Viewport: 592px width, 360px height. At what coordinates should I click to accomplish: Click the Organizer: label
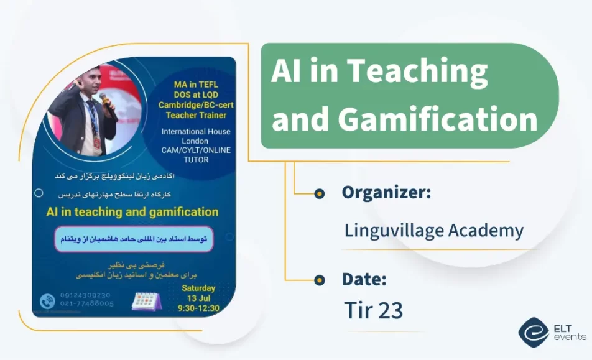[x=386, y=193]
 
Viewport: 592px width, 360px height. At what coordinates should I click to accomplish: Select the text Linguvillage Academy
[x=433, y=231]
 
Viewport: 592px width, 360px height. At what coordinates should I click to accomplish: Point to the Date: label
[x=364, y=279]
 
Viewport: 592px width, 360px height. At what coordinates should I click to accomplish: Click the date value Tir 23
[x=373, y=310]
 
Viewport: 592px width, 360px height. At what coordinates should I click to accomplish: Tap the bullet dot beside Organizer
[x=319, y=193]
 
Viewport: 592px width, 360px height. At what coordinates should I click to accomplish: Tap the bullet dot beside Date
[x=319, y=279]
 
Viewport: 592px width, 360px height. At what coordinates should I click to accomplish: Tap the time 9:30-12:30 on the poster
[x=198, y=308]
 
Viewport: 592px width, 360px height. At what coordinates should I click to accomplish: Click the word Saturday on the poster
[x=198, y=288]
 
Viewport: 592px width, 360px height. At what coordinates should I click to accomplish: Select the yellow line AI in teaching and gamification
[x=132, y=212]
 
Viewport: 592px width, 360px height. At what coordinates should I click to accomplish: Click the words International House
[x=195, y=131]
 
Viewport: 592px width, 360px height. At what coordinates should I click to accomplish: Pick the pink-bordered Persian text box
[x=134, y=239]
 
